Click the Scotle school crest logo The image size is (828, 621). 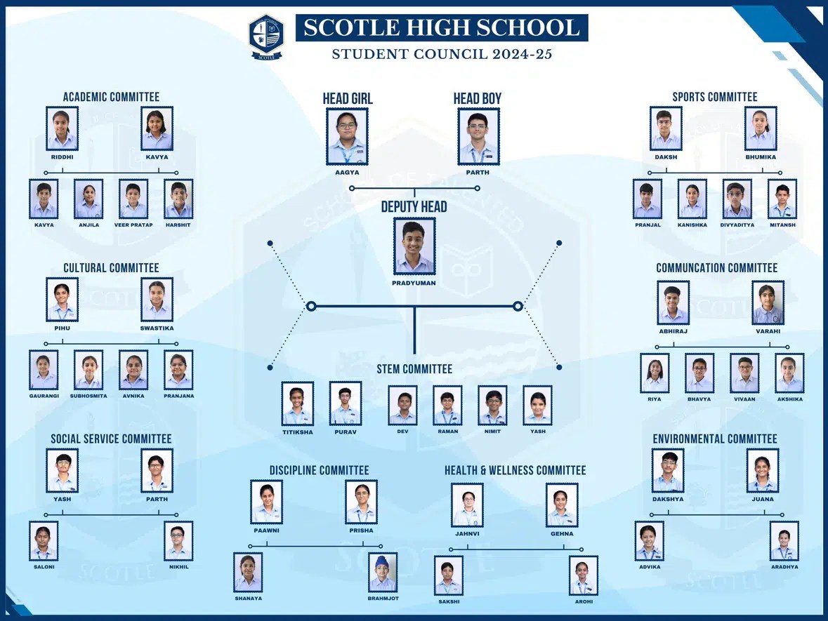[x=266, y=36]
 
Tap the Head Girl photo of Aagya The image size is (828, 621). [x=347, y=136]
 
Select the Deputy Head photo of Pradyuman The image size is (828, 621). [x=414, y=246]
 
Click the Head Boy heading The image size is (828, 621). [x=477, y=98]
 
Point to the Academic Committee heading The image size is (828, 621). [x=111, y=97]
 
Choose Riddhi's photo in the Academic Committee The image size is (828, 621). [x=62, y=128]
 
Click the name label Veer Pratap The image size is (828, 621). [x=133, y=225]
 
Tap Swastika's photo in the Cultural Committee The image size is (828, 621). [x=157, y=300]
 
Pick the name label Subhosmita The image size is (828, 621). [x=88, y=396]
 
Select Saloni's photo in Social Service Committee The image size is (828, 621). [x=44, y=541]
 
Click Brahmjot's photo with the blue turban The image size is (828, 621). [x=383, y=572]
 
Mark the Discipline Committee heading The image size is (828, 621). [x=319, y=470]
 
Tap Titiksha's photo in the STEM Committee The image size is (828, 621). [x=298, y=403]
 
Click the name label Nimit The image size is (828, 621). [x=492, y=432]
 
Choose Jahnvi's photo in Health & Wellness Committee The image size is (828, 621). [x=467, y=505]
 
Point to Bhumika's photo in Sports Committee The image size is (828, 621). [x=761, y=128]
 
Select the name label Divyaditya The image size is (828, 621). [x=737, y=225]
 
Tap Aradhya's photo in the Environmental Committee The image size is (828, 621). [x=784, y=541]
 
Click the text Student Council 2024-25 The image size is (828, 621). [x=442, y=54]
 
